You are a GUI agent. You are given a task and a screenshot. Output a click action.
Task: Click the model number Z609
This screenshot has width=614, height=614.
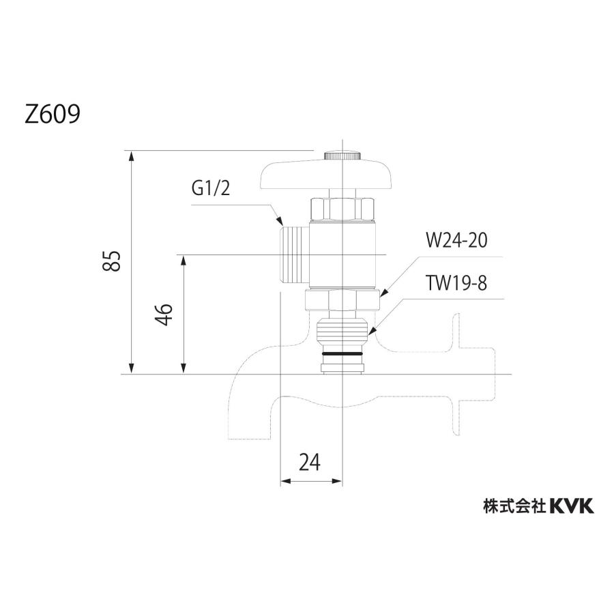click(53, 113)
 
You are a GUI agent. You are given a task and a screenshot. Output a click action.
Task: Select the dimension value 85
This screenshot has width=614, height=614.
click(113, 261)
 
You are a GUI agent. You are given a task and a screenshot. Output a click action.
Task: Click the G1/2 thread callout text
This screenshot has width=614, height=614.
click(211, 189)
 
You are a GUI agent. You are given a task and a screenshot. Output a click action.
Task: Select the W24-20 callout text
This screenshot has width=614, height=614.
click(456, 241)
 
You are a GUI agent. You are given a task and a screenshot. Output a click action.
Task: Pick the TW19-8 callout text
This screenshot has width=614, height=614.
click(455, 284)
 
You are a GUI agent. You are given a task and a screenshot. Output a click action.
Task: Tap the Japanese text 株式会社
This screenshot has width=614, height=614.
click(513, 506)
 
